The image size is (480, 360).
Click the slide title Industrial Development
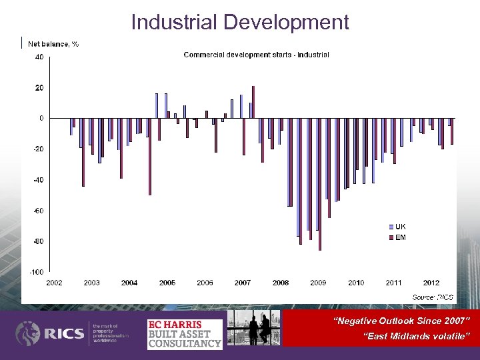[240, 22]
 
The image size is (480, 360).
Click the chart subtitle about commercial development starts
[256, 55]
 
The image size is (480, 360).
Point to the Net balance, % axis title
[53, 44]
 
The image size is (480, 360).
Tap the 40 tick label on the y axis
[39, 57]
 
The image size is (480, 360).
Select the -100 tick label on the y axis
[37, 272]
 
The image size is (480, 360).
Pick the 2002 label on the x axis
[55, 283]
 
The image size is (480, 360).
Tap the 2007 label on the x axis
[243, 283]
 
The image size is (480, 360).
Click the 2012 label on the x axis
[431, 283]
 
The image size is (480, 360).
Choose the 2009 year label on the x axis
[318, 283]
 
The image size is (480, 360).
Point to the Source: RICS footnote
[433, 296]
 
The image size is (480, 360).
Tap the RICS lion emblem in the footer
[28, 333]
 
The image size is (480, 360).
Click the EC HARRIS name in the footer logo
[175, 325]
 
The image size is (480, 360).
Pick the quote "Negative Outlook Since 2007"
[406, 321]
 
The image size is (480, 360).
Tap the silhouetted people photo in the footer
[254, 328]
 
